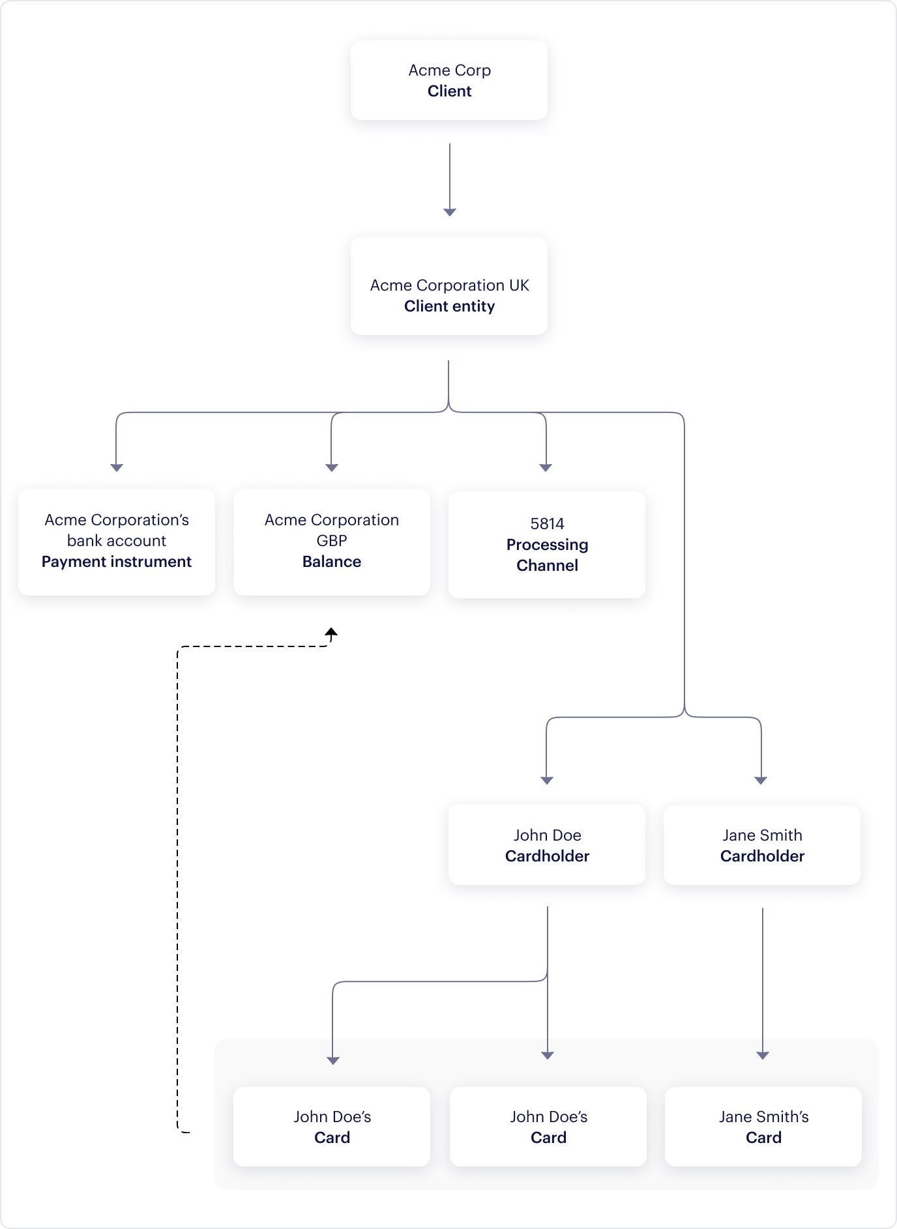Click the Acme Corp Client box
click(448, 80)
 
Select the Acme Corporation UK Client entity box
click(448, 287)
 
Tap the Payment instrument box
click(117, 542)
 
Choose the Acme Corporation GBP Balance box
click(331, 542)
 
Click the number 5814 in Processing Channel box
click(547, 524)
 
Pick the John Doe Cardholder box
click(547, 845)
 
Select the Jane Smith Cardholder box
click(761, 845)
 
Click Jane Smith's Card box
click(763, 1126)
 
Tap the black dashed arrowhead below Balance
click(331, 632)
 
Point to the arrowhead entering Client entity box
click(449, 212)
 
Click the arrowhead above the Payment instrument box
click(117, 467)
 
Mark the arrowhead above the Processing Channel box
click(546, 467)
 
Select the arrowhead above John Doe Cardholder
click(547, 780)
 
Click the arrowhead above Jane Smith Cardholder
click(761, 780)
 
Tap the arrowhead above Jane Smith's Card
click(763, 1055)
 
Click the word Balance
click(331, 562)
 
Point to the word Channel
click(547, 566)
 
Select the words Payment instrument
click(117, 562)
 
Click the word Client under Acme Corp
click(449, 91)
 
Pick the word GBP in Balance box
click(331, 541)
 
